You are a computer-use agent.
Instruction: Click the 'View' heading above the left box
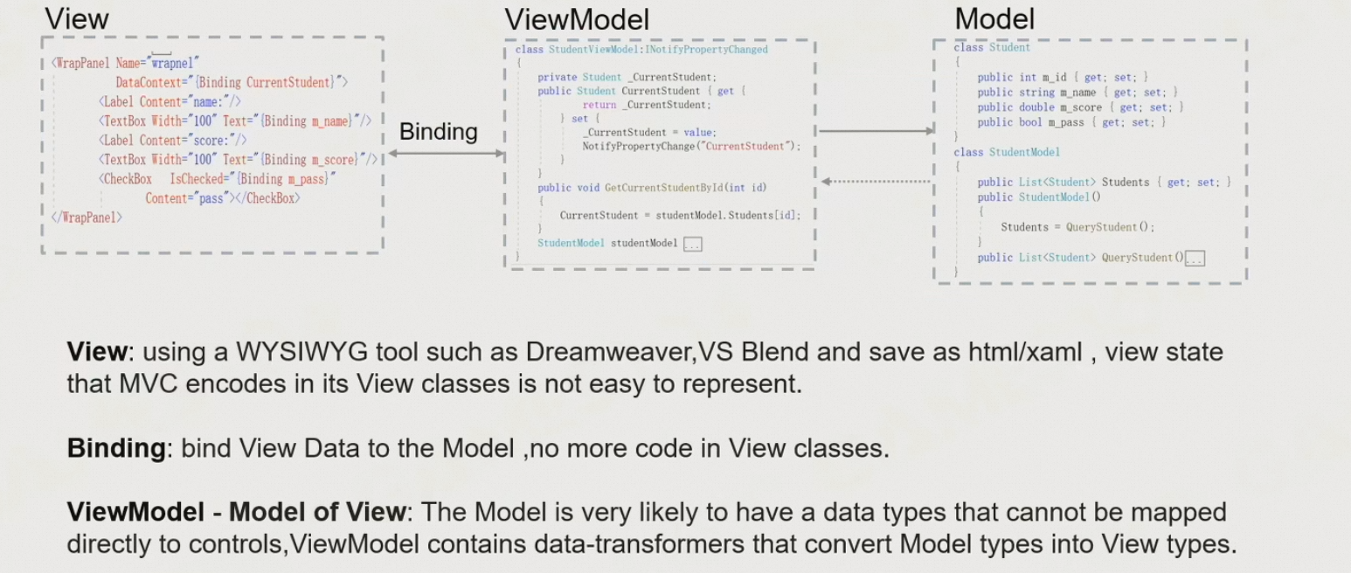point(77,18)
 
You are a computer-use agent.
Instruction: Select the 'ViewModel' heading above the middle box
point(577,18)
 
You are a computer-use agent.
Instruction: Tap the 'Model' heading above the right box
point(994,18)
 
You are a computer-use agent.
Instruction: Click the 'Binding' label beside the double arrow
point(439,131)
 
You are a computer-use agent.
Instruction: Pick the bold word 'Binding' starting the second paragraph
point(116,448)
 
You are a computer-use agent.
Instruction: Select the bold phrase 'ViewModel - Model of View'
point(236,512)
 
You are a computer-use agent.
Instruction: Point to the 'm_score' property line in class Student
point(1080,107)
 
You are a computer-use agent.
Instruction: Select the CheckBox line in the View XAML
point(218,179)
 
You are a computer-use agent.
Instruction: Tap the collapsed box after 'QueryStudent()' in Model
point(1195,258)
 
